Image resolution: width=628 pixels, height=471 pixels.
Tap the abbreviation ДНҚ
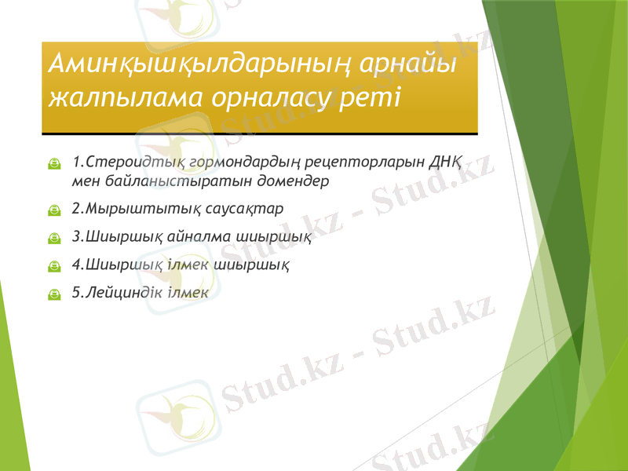point(444,163)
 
